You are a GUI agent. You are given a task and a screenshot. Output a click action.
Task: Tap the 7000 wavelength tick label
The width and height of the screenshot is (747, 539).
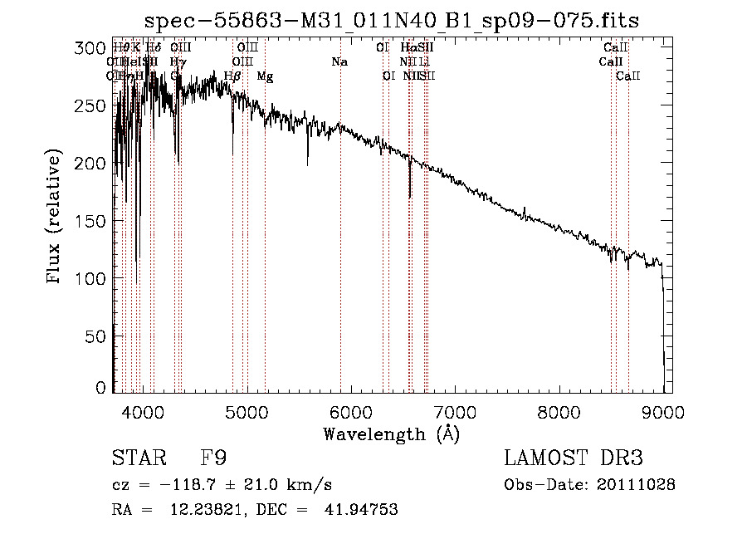pos(454,412)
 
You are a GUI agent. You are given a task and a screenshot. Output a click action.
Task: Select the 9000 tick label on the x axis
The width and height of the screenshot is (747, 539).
pos(662,412)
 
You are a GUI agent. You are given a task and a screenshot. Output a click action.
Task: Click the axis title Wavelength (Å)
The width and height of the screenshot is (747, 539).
pos(391,434)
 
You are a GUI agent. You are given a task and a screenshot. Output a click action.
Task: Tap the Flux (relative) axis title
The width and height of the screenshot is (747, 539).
pos(55,218)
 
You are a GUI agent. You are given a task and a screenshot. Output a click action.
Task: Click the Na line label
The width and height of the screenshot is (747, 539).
pos(339,62)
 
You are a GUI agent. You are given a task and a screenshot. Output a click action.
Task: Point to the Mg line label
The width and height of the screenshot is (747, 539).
pos(265,76)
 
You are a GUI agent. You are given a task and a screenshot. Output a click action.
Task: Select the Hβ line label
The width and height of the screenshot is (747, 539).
pos(233,76)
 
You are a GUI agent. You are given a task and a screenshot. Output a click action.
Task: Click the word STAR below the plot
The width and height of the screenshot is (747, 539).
pos(138,458)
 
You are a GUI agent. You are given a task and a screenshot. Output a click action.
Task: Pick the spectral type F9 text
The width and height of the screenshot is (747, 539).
pos(213,458)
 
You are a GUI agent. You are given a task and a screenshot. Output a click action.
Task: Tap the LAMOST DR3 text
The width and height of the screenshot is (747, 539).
pos(574,458)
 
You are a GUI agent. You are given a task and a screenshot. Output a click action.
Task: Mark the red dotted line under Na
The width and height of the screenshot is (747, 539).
pos(340,249)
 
